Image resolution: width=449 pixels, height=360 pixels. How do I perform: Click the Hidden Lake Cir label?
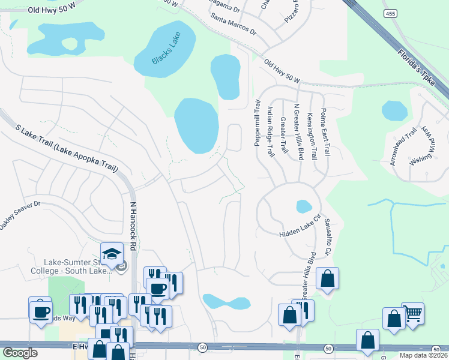300,227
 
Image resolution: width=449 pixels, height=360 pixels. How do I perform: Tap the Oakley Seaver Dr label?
19,214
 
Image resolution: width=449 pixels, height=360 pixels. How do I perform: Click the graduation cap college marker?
112,254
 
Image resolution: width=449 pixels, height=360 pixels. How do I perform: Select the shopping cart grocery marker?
412,313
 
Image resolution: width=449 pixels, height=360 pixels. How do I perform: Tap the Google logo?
20,353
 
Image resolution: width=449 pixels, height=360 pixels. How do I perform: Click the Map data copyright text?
423,355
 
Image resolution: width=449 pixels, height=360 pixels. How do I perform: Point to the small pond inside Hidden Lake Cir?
304,206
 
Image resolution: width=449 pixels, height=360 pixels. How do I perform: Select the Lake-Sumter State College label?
75,266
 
